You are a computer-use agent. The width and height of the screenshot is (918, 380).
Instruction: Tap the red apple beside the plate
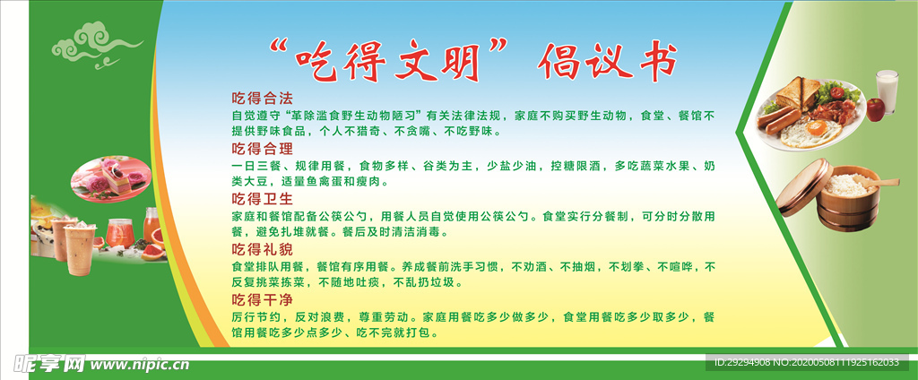pos(875,109)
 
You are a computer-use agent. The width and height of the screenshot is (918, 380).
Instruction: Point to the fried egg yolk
pos(815,127)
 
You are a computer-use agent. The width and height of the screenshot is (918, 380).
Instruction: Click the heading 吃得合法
pos(262,97)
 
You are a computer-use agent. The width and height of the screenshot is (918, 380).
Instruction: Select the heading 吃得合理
pos(262,147)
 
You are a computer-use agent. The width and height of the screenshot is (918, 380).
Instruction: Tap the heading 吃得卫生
pos(262,197)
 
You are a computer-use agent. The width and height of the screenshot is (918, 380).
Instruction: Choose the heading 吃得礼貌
pos(262,247)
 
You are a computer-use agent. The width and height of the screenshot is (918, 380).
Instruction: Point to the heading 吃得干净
pos(262,298)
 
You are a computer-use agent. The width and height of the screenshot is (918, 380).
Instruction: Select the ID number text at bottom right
pos(807,362)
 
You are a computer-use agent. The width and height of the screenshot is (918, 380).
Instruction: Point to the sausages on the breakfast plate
pos(776,117)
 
